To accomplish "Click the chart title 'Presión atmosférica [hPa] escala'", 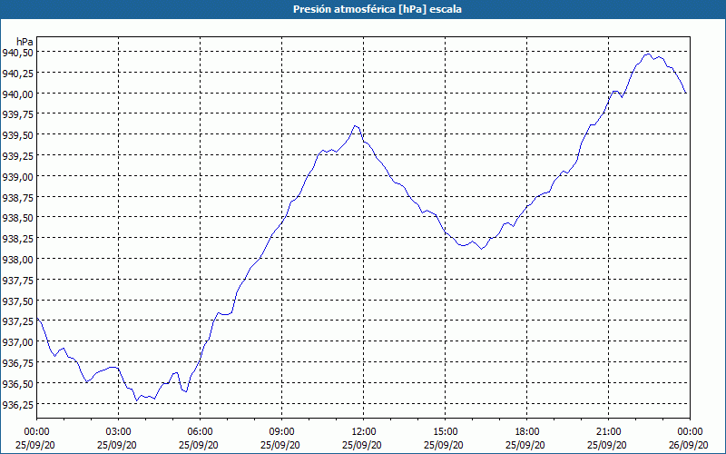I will pyautogui.click(x=362, y=9).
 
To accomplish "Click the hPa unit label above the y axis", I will pyautogui.click(x=25, y=40).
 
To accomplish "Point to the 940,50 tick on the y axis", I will pyautogui.click(x=18, y=52).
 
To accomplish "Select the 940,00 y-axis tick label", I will pyautogui.click(x=18, y=94).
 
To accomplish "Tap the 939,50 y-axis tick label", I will pyautogui.click(x=18, y=134).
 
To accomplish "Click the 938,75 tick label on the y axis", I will pyautogui.click(x=18, y=197).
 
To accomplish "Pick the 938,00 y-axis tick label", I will pyautogui.click(x=18, y=259).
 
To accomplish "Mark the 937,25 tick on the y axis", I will pyautogui.click(x=18, y=321).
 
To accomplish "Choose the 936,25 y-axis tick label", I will pyautogui.click(x=18, y=404).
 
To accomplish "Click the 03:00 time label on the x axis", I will pyautogui.click(x=118, y=431).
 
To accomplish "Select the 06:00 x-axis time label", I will pyautogui.click(x=200, y=431).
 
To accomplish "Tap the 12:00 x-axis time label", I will pyautogui.click(x=363, y=431).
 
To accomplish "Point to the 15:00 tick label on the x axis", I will pyautogui.click(x=445, y=431).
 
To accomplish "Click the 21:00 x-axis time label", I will pyautogui.click(x=608, y=431).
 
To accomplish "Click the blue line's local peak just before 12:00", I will pyautogui.click(x=355, y=125).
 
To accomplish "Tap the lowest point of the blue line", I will pyautogui.click(x=136, y=400).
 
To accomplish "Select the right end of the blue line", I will pyautogui.click(x=686, y=93).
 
